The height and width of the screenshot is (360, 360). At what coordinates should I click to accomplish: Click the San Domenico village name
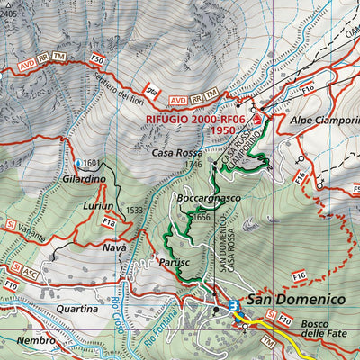(x=296, y=299)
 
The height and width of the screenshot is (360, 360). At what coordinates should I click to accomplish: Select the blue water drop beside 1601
(x=78, y=163)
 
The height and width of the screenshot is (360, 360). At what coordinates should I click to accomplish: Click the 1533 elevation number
(x=135, y=211)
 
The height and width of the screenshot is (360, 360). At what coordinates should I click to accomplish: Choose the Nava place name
(x=114, y=247)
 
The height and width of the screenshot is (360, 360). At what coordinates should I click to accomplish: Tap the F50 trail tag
(x=97, y=58)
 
